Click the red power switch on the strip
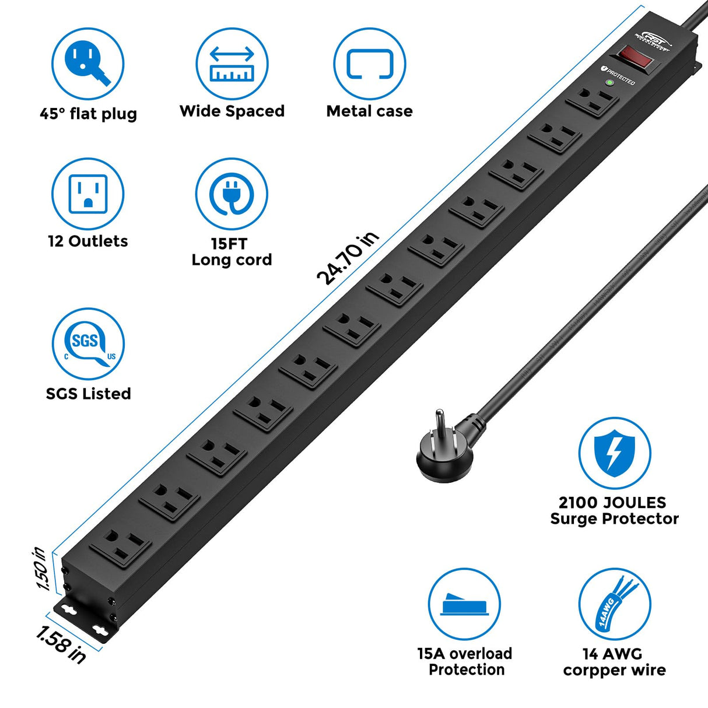635,57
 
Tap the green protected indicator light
609,83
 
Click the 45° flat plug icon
87,64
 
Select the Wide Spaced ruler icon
232,64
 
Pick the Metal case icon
369,64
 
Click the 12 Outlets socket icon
87,194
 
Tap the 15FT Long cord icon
232,194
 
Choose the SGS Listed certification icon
87,344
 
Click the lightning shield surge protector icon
614,453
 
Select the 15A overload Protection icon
464,604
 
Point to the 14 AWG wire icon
614,604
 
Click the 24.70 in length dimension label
348,258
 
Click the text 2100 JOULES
612,502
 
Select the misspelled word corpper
590,671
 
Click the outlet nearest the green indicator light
592,103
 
